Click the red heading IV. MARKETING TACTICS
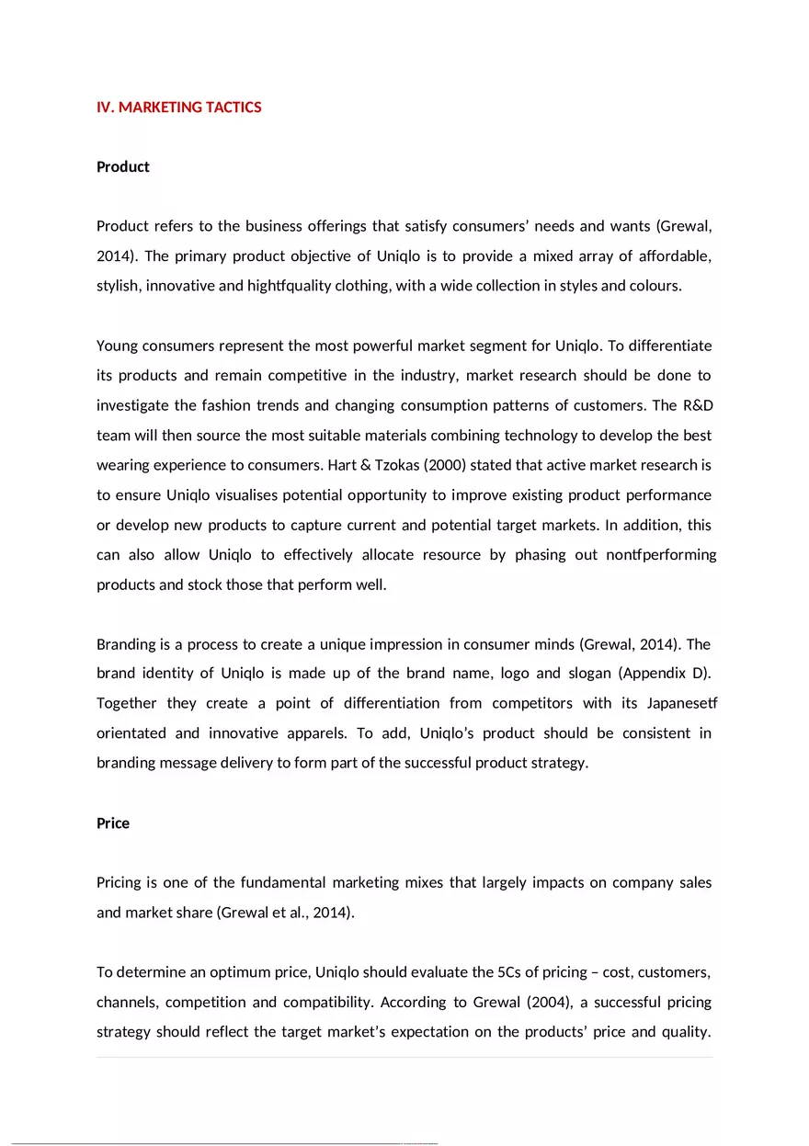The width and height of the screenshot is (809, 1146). (178, 108)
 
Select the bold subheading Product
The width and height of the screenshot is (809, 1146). (122, 166)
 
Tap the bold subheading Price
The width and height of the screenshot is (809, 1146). (113, 823)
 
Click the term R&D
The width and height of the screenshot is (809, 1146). (696, 405)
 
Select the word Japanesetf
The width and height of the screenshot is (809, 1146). (676, 703)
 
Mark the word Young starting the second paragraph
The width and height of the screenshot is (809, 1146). (118, 346)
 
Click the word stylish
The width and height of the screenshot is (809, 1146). (118, 285)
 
